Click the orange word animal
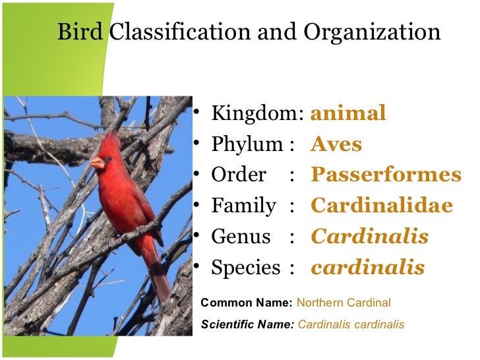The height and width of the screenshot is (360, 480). click(x=347, y=113)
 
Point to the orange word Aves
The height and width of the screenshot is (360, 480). click(x=336, y=144)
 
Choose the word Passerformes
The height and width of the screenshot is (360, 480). click(x=386, y=175)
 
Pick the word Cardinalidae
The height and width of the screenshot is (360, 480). click(x=381, y=206)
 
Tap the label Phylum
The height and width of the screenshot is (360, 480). click(x=247, y=144)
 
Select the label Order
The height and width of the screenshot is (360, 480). click(x=238, y=175)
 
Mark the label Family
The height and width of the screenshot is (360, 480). click(x=243, y=206)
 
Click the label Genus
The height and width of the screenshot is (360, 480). click(x=241, y=237)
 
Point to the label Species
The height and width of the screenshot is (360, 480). click(x=245, y=268)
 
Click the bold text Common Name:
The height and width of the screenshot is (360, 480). click(x=246, y=303)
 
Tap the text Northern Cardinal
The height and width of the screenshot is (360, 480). click(x=344, y=303)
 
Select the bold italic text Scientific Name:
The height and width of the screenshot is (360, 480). click(x=247, y=325)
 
